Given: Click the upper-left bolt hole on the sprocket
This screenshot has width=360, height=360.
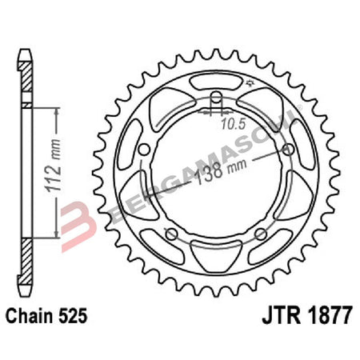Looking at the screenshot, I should tap(143, 150).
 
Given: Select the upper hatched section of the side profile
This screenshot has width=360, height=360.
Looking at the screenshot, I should tap(26, 80).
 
